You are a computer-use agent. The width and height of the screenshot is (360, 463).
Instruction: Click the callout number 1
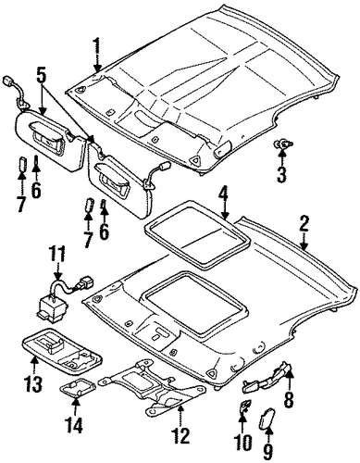coord(97,47)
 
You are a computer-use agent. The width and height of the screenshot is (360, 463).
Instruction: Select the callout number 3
coord(281,174)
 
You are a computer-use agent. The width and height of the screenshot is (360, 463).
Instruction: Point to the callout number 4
coord(224,196)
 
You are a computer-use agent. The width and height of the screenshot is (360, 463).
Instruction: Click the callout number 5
coord(42,75)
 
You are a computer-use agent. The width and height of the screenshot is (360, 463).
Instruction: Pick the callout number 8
coord(290,397)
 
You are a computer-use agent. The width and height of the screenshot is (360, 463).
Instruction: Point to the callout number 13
coord(33,383)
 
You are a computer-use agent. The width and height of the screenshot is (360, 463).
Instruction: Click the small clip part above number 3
coord(283,144)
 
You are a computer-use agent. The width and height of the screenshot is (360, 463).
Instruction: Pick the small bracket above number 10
coord(245,406)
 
